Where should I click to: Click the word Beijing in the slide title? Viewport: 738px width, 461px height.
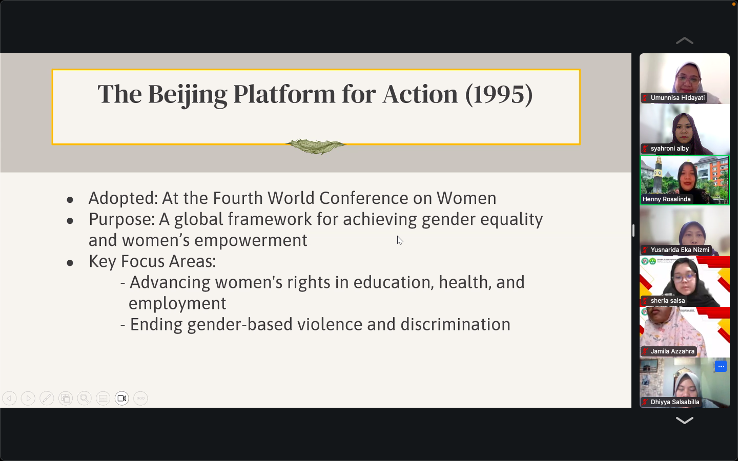pos(188,95)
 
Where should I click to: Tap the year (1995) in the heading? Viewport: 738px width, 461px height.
pos(499,95)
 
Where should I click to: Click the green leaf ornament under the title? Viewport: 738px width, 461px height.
pos(316,146)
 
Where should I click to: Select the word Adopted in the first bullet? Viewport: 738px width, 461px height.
pos(123,199)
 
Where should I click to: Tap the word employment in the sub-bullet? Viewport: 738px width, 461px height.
pos(177,304)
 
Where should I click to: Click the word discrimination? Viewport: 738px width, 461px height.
pos(455,324)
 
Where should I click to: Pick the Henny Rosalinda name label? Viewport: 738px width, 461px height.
pos(666,199)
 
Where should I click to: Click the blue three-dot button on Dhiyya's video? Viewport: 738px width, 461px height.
pos(721,367)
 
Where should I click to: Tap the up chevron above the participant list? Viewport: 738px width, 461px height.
pos(684,40)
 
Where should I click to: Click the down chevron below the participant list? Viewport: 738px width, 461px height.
pos(684,421)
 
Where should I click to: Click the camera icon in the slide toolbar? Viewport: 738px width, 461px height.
pos(122,399)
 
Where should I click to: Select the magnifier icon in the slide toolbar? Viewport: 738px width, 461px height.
pos(85,399)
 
